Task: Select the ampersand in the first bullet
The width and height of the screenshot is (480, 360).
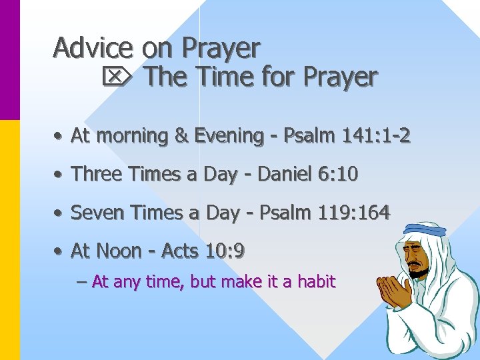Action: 180,136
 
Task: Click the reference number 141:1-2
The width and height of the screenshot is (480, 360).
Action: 375,136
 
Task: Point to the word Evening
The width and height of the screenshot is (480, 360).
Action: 229,136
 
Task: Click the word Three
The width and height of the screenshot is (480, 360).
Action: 93,174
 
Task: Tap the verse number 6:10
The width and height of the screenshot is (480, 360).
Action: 339,174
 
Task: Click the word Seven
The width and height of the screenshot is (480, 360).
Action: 94,213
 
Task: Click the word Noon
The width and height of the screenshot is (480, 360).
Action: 118,251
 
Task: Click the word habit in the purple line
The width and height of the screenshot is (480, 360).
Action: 316,282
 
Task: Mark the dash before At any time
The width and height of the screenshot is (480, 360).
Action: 82,282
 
